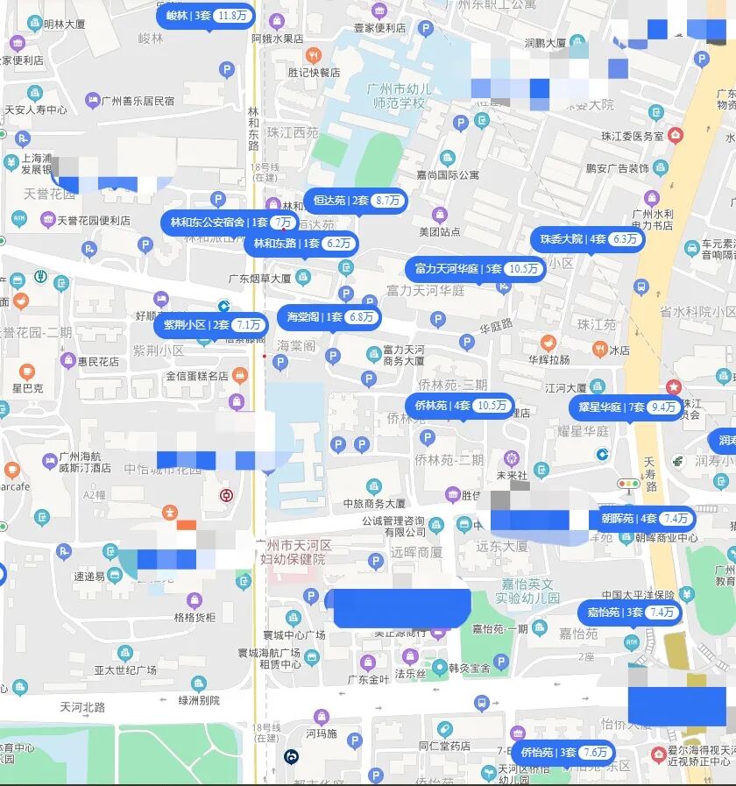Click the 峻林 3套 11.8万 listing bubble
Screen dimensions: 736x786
click(206, 16)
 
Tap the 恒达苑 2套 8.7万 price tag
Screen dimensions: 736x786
click(356, 201)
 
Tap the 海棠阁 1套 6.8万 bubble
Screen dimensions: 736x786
click(329, 317)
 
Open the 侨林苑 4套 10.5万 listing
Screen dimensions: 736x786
click(459, 406)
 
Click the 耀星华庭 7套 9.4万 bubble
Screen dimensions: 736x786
click(627, 407)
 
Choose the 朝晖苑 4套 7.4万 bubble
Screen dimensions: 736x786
click(644, 519)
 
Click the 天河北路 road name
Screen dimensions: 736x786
click(82, 707)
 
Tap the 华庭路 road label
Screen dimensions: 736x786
click(495, 325)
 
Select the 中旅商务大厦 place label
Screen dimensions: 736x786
click(375, 504)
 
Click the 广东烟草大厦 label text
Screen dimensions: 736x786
click(259, 279)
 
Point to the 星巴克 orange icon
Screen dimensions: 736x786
click(26, 372)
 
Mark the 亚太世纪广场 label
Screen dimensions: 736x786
click(125, 670)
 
